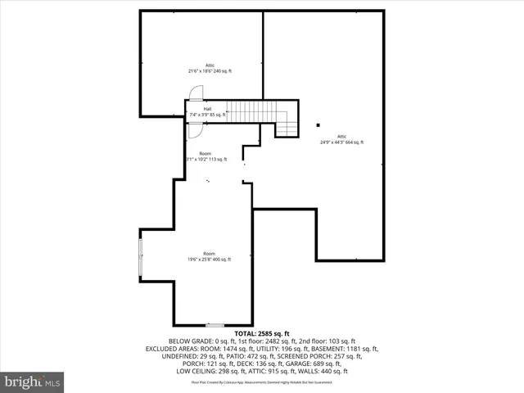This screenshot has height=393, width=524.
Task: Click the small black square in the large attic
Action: click(x=318, y=125)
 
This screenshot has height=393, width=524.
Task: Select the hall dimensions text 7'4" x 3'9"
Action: click(x=207, y=115)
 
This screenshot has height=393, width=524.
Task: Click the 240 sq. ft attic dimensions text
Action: click(x=210, y=71)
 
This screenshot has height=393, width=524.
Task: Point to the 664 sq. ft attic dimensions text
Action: click(x=341, y=142)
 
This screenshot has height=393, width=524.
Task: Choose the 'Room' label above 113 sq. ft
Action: click(x=205, y=153)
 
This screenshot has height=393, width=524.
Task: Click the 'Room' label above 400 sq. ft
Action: click(x=210, y=254)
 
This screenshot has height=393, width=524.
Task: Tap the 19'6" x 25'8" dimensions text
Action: click(x=210, y=260)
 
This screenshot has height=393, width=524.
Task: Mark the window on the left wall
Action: click(x=141, y=256)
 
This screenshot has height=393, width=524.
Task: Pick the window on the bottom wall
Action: click(x=215, y=325)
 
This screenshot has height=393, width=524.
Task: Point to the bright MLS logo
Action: click(x=33, y=382)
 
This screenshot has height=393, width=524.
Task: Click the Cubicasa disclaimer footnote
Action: click(x=262, y=382)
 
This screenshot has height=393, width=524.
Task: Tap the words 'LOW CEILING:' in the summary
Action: click(x=196, y=371)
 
